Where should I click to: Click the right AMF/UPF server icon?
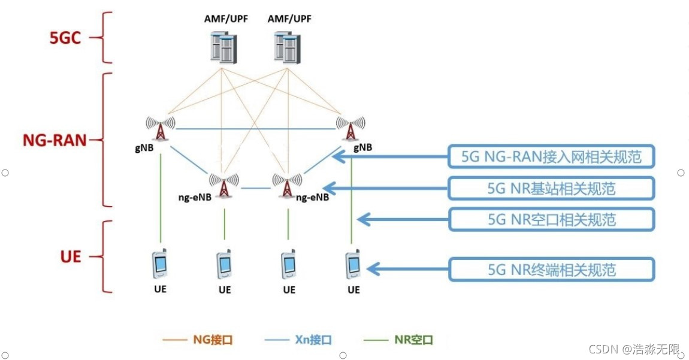point(286,47)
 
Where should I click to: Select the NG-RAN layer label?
point(54,141)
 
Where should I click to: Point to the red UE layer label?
point(70,257)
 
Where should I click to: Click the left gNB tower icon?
point(160,128)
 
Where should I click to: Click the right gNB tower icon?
point(351,128)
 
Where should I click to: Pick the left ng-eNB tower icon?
point(223,184)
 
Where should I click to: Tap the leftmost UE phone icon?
point(160,264)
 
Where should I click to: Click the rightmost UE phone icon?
point(352,264)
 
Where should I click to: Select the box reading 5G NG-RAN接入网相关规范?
point(551,157)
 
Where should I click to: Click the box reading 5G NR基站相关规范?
point(551,189)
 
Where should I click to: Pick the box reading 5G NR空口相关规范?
point(551,220)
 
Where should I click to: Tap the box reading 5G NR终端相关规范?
point(551,270)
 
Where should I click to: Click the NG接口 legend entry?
point(198,340)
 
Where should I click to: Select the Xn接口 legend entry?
point(298,340)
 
